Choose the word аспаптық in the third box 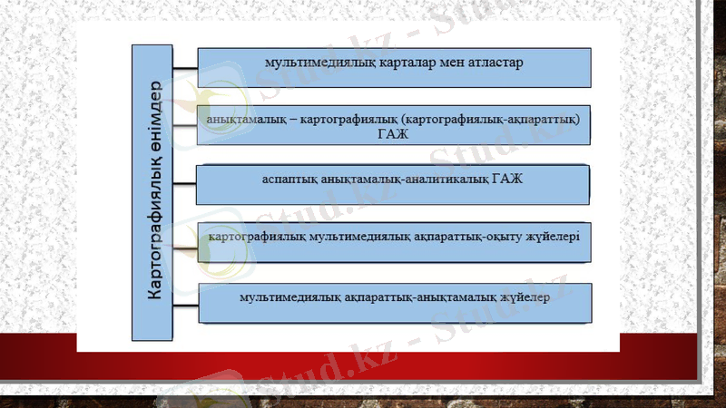(x=286, y=177)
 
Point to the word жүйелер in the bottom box (x=522, y=296)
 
